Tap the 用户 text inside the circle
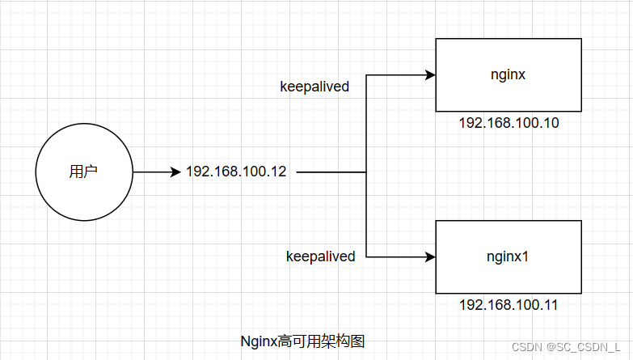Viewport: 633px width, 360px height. tap(84, 172)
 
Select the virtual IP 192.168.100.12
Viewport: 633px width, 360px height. tap(236, 172)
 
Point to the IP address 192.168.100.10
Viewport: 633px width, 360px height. tap(509, 124)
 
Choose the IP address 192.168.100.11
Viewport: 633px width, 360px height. tap(509, 306)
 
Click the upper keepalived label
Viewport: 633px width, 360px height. tap(314, 87)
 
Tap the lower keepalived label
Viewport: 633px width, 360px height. tap(320, 256)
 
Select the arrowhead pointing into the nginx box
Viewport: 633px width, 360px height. tap(430, 75)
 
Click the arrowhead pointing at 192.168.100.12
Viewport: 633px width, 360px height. tap(175, 172)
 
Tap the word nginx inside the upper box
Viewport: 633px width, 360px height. tap(509, 74)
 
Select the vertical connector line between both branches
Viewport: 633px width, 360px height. tap(366, 210)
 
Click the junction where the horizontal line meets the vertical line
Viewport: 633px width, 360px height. tap(366, 172)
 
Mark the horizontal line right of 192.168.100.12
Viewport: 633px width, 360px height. tap(331, 172)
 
